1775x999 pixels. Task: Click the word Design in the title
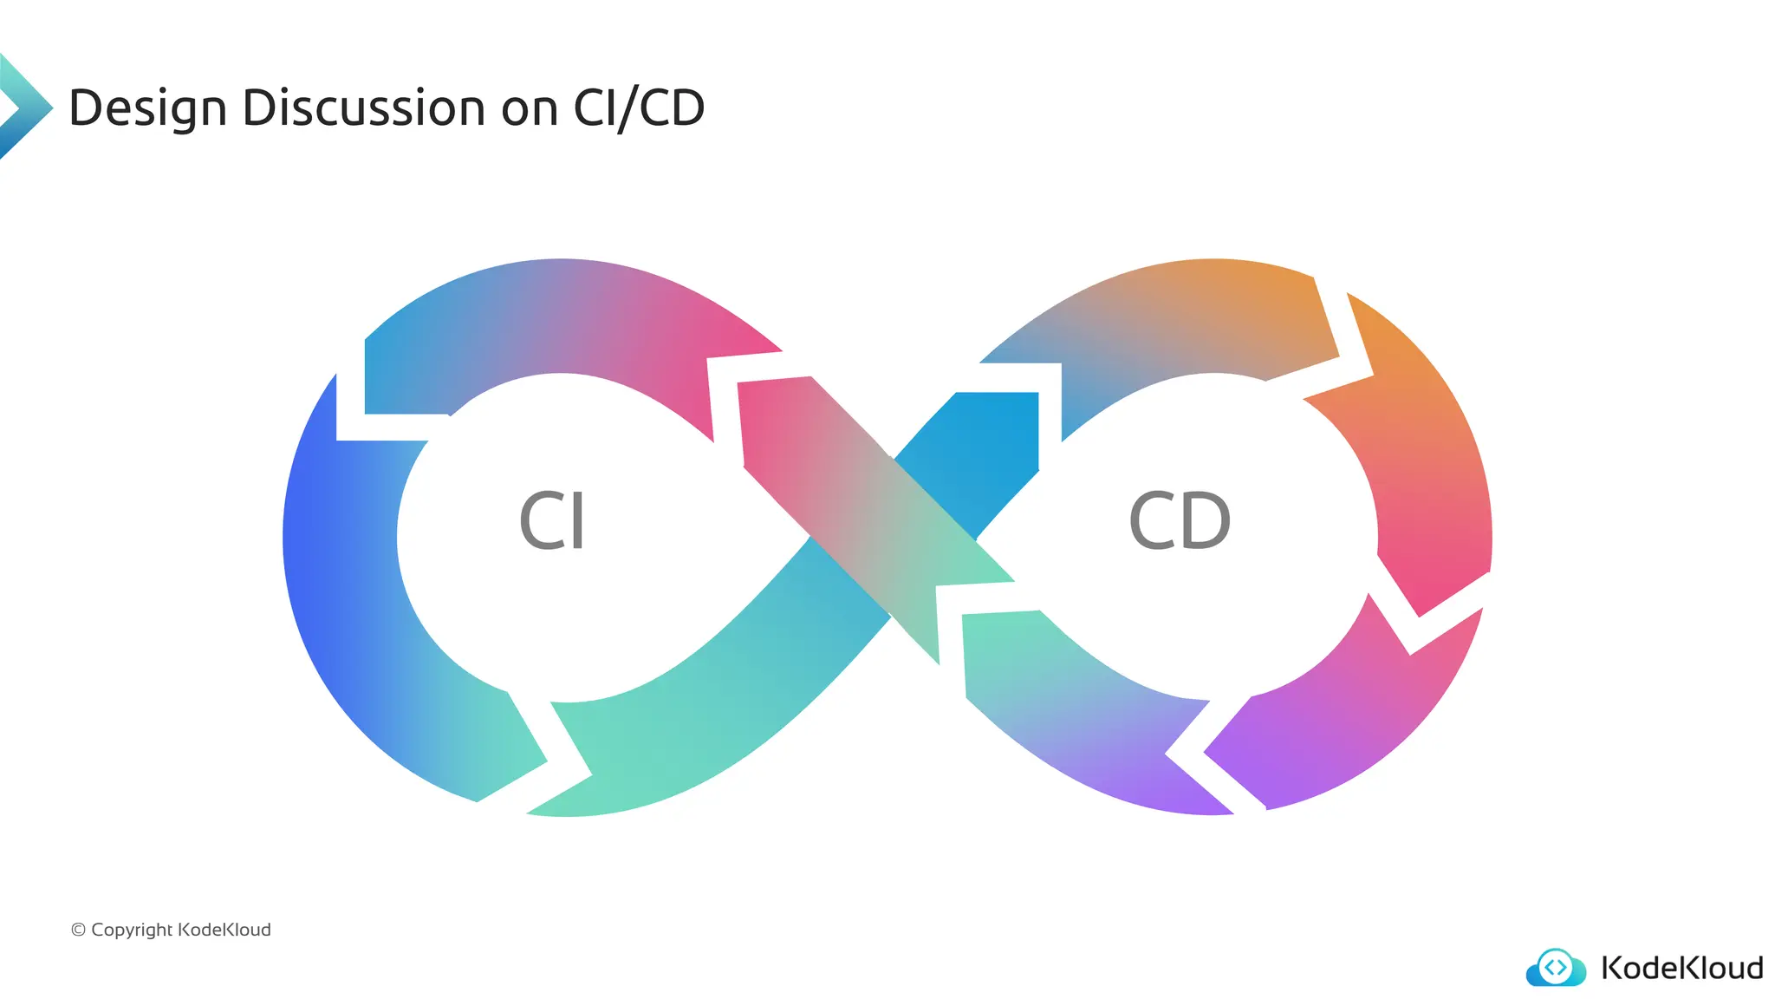[x=147, y=109]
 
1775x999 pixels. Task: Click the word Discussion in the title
[x=364, y=109]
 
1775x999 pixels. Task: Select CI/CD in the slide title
[x=639, y=109]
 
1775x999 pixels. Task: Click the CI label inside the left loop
[x=552, y=521]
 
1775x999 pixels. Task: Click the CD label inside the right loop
[x=1180, y=521]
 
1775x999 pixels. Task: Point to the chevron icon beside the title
[x=24, y=106]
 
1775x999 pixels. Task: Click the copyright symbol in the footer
[x=78, y=930]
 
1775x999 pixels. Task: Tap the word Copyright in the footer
[x=132, y=930]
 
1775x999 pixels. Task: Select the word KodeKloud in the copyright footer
[x=224, y=930]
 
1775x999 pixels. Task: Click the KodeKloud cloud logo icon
[x=1556, y=968]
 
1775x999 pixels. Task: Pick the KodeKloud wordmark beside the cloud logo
[x=1681, y=968]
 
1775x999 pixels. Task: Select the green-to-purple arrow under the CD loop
[x=1083, y=711]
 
